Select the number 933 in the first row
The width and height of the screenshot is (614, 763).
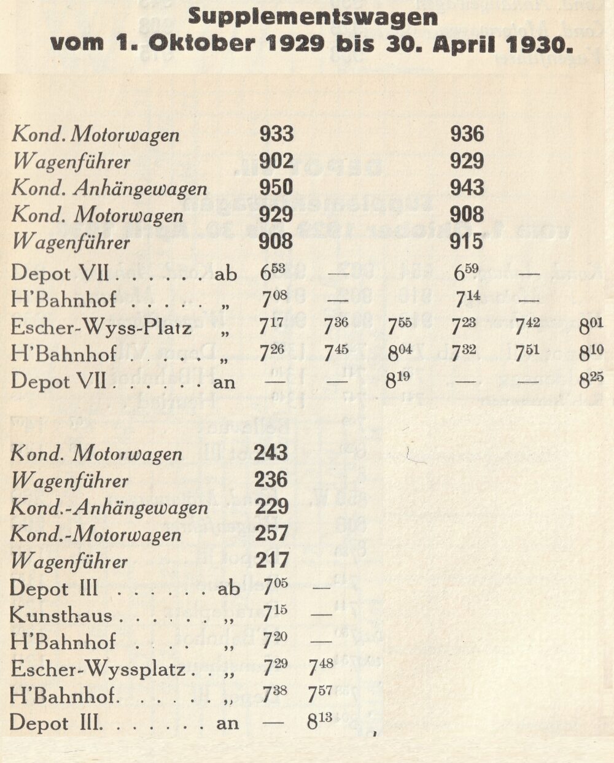point(276,134)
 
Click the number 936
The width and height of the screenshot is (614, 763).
point(467,134)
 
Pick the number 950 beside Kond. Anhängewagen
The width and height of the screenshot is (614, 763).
point(276,187)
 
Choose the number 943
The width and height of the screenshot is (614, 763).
point(467,187)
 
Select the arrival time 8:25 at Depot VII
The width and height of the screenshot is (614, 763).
point(592,381)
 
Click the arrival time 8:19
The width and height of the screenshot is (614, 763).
point(398,381)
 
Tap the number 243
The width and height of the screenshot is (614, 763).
point(271,453)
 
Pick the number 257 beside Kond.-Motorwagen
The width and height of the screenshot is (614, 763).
point(271,533)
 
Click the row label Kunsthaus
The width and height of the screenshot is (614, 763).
point(61,615)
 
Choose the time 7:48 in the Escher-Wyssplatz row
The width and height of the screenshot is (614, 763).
point(321,668)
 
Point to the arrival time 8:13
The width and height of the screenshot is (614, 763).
point(319,721)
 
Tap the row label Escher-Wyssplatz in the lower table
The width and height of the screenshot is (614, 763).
point(98,668)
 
